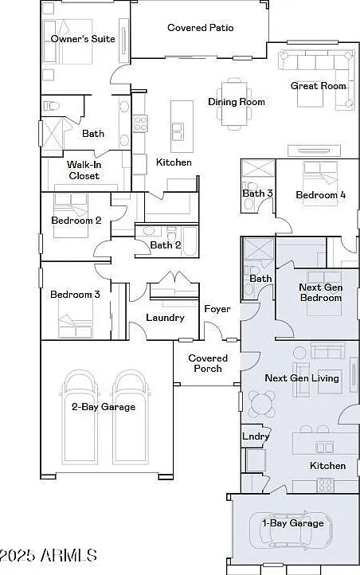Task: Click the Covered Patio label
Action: point(201,28)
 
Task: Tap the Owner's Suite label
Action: point(83,39)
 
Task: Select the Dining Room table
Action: point(234,104)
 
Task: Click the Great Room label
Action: point(319,86)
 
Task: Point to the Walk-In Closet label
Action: point(84,170)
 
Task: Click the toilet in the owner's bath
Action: point(51,106)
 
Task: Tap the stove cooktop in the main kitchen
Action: point(140,123)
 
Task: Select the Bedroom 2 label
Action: point(76,221)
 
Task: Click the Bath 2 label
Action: point(166,244)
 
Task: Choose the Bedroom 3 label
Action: point(75,295)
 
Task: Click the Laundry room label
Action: point(165,318)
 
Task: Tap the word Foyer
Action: point(217,309)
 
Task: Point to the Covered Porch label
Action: point(208,363)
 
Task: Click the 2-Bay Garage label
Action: point(104,407)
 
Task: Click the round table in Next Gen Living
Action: point(262,404)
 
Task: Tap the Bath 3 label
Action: point(258,193)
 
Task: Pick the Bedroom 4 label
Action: point(321,195)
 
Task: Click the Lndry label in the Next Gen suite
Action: point(256,436)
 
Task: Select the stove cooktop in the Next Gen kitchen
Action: point(326,485)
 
